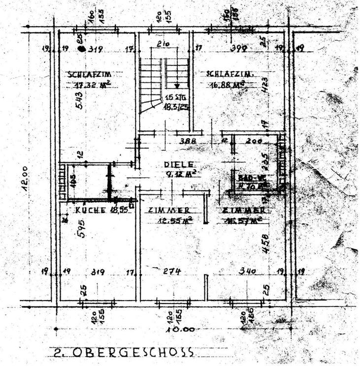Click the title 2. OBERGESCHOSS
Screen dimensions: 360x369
(x=123, y=352)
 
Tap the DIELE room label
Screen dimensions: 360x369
(x=180, y=164)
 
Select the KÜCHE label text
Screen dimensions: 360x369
(x=91, y=210)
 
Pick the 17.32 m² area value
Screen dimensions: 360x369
(x=89, y=84)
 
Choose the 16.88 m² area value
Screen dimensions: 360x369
(x=227, y=84)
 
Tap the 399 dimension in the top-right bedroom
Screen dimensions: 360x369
(x=238, y=48)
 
